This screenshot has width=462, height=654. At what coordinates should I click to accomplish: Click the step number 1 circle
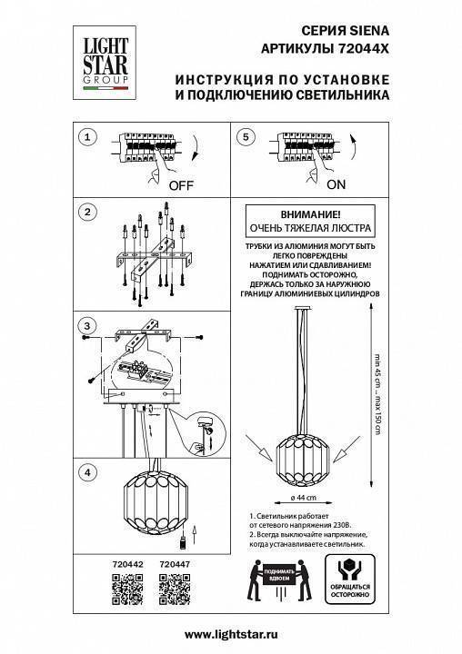(x=86, y=138)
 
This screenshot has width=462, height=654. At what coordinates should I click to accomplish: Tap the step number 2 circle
(x=86, y=213)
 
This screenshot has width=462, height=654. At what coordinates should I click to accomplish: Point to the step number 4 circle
(x=86, y=472)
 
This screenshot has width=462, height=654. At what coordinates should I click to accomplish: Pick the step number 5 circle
(x=244, y=138)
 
